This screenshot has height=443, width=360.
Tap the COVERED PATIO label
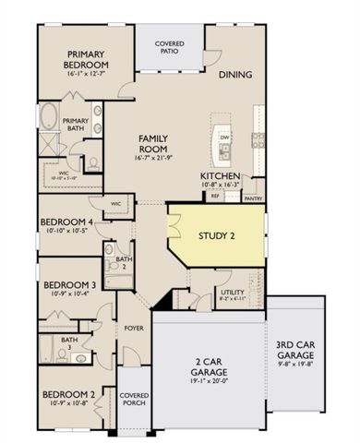170,47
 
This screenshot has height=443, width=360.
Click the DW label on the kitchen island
223,138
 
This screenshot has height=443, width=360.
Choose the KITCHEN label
221,175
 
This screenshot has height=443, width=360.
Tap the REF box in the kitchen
215,196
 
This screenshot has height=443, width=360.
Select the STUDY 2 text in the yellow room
217,235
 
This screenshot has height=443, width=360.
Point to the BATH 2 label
122,263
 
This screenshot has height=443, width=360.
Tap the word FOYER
135,326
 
